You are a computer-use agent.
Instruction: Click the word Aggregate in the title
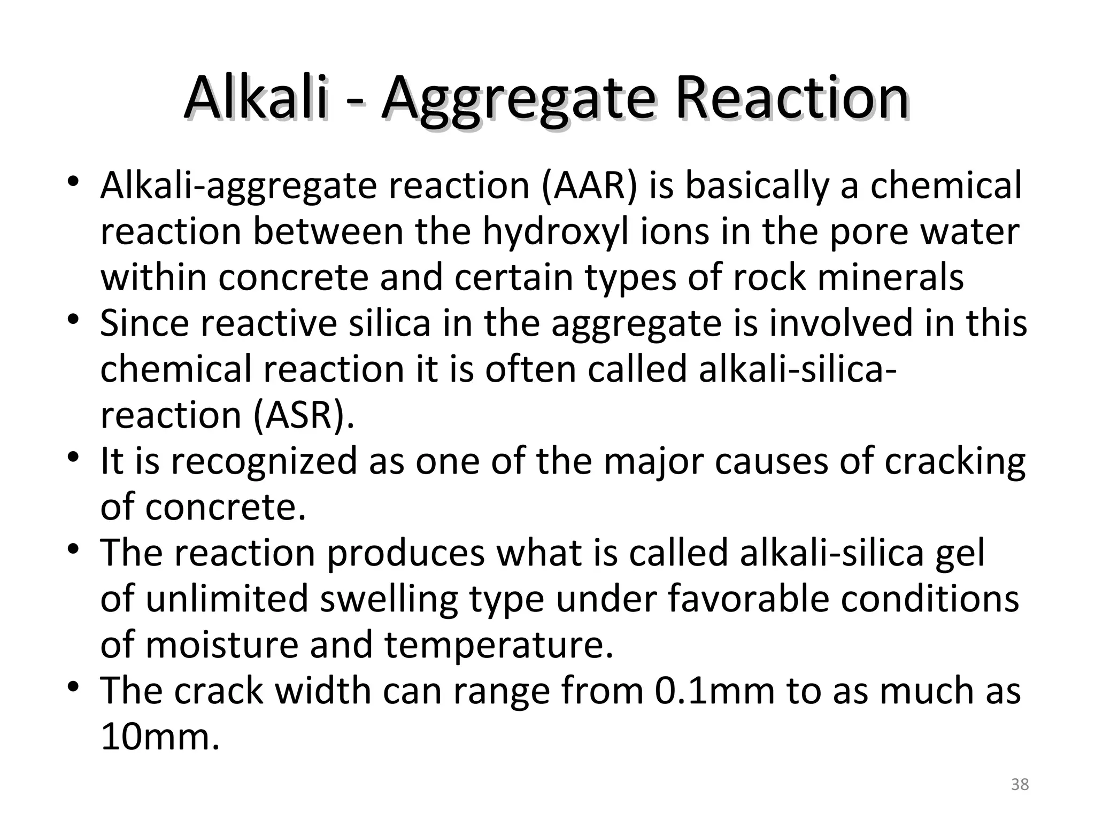click(x=518, y=99)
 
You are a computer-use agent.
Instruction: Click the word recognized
click(x=264, y=461)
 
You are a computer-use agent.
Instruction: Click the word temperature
click(x=498, y=645)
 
